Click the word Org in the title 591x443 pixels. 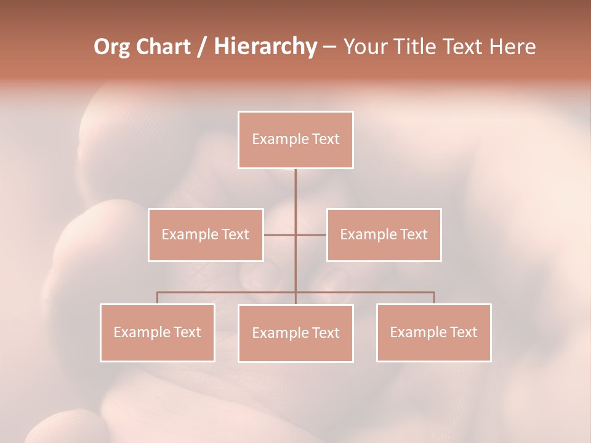pyautogui.click(x=111, y=47)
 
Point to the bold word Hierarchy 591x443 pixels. pyautogui.click(x=265, y=47)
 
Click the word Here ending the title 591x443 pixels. pyautogui.click(x=512, y=47)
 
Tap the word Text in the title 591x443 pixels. pyautogui.click(x=465, y=47)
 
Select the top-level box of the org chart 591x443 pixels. pyautogui.click(x=295, y=140)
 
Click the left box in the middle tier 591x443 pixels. pyautogui.click(x=206, y=234)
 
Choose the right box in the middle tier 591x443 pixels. pyautogui.click(x=384, y=234)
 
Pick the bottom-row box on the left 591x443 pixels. pyautogui.click(x=158, y=332)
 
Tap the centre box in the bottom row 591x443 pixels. pyautogui.click(x=295, y=333)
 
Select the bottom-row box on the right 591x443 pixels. pyautogui.click(x=433, y=332)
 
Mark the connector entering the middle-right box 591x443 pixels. pyautogui.click(x=312, y=234)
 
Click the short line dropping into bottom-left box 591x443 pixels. pyautogui.click(x=158, y=298)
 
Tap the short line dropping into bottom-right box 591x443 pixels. pyautogui.click(x=434, y=298)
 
